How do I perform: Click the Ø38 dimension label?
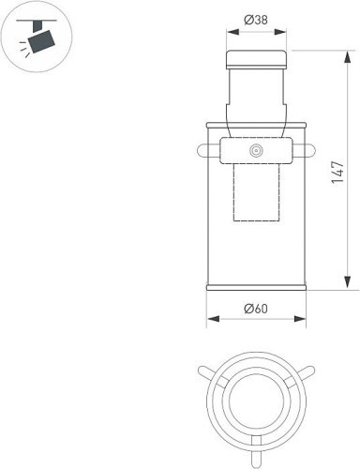256,20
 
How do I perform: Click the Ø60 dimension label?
256,309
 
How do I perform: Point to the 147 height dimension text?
337,173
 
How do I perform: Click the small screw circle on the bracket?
256,151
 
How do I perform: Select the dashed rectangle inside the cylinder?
256,192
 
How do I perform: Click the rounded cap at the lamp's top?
256,59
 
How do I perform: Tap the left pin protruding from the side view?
208,150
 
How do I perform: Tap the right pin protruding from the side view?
304,150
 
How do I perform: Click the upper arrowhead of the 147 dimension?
348,58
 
